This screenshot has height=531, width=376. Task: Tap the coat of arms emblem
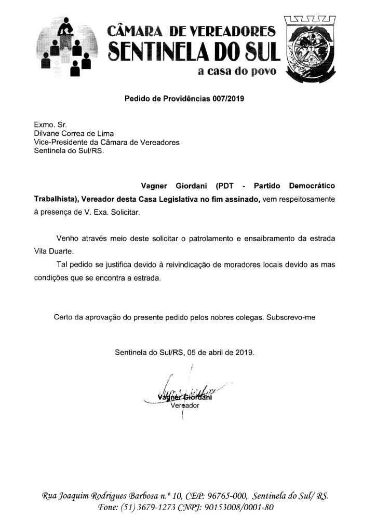[x=310, y=47]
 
